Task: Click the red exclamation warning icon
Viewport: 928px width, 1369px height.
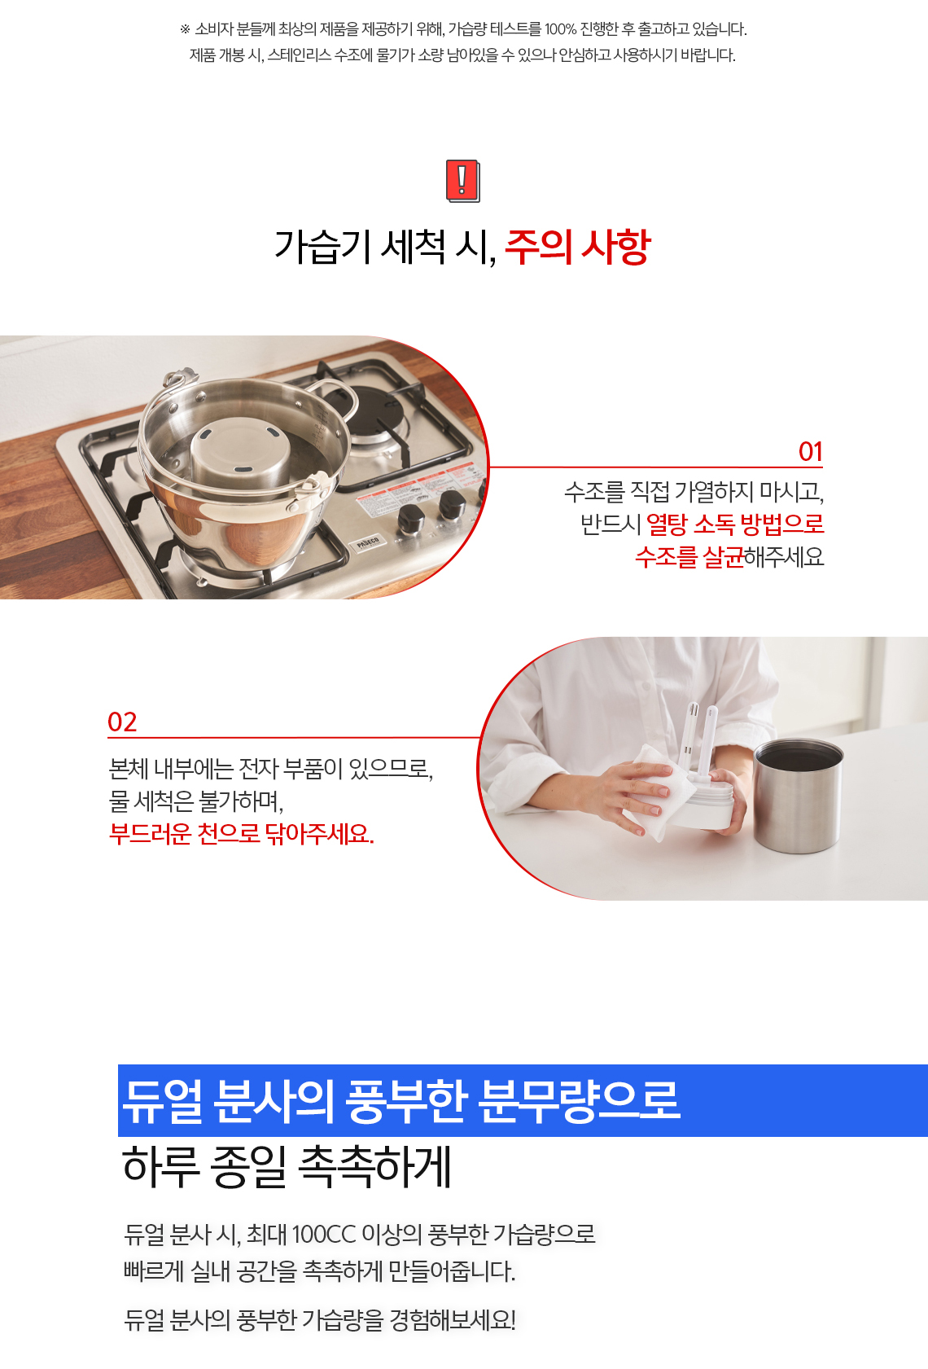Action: (462, 181)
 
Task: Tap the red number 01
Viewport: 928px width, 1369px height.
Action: (810, 452)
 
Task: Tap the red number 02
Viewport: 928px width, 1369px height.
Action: (122, 722)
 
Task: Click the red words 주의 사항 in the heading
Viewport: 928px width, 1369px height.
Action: (577, 247)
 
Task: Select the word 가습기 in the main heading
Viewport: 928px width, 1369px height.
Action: (322, 247)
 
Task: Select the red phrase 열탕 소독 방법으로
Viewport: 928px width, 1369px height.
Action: (735, 524)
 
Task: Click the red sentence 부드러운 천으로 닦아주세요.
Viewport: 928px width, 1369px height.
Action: (241, 833)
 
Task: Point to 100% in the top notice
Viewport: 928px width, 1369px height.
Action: (560, 29)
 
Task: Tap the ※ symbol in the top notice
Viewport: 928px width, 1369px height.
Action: (185, 29)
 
